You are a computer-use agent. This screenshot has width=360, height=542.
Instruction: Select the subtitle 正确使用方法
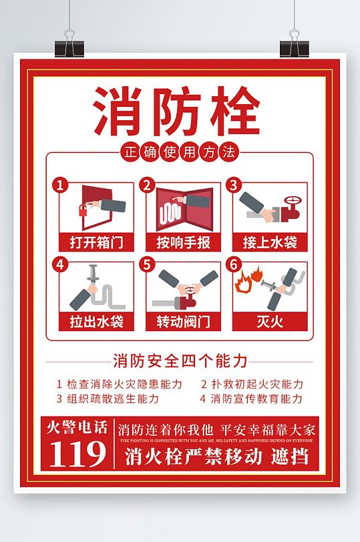point(179,153)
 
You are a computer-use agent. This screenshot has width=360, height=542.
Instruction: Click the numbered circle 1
point(61,185)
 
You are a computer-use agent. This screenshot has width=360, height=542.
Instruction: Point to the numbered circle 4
point(61,264)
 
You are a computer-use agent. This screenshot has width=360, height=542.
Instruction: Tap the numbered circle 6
point(233,264)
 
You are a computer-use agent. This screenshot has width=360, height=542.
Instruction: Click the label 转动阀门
point(183,322)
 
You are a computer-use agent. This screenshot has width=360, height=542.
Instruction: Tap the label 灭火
point(269,322)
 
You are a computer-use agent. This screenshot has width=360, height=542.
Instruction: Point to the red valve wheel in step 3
point(291,202)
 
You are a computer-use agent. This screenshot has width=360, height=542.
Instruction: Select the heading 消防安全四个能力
point(180,361)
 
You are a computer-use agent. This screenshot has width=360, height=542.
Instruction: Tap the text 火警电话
point(77,428)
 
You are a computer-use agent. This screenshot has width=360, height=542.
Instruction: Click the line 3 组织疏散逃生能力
point(108,399)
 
